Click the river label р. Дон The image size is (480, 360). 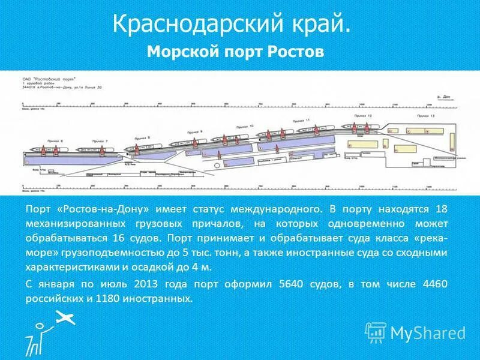point(444,95)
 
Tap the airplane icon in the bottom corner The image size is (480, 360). point(65,319)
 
